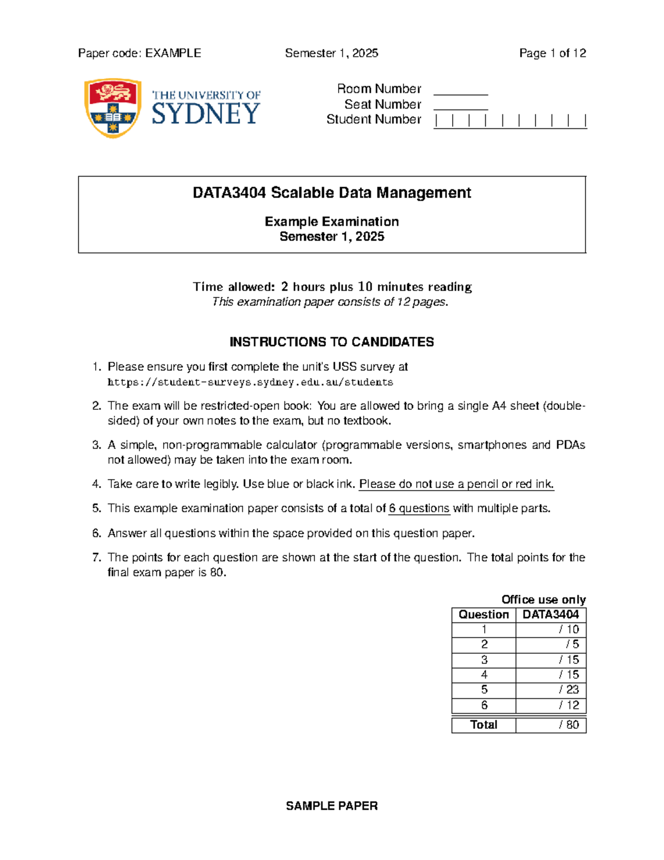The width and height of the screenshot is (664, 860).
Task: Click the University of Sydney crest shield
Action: tap(112, 107)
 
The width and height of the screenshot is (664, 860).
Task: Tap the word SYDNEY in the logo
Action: tap(205, 114)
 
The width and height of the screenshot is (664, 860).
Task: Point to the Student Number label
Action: tap(373, 119)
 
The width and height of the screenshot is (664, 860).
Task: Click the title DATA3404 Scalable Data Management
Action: tap(331, 193)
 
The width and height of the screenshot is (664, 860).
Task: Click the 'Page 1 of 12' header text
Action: tap(552, 53)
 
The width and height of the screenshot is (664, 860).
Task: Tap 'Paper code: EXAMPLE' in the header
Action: tap(139, 53)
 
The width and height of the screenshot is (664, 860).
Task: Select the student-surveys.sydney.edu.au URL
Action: tap(250, 382)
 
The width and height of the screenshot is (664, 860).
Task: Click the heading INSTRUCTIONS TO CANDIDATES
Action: tap(331, 342)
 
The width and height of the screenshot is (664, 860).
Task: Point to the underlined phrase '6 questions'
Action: tap(419, 508)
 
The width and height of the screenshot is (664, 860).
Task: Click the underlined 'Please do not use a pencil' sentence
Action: tap(456, 484)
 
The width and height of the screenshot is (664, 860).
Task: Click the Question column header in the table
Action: tap(484, 615)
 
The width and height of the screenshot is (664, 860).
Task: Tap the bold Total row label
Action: tap(484, 725)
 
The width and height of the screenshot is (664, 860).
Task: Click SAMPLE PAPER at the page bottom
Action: tap(331, 806)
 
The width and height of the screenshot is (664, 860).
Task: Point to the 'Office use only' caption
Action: tap(543, 600)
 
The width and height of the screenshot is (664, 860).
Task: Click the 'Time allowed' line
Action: tap(331, 287)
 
